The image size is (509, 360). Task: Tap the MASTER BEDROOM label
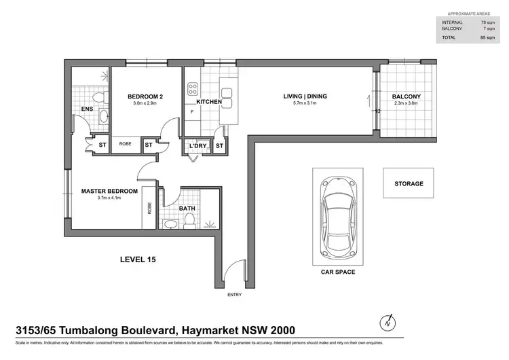109,191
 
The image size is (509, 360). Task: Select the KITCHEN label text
210,102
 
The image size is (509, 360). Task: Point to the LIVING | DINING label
305,96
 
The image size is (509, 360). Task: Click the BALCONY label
406,96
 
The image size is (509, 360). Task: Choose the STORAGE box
409,183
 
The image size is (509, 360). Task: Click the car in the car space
337,215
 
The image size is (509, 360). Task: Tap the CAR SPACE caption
338,272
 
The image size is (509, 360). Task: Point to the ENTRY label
235,295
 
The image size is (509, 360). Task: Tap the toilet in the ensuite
100,99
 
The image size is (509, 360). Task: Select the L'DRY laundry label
197,145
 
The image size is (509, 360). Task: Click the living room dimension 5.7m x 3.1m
305,104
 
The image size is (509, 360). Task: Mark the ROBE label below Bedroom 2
126,144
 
